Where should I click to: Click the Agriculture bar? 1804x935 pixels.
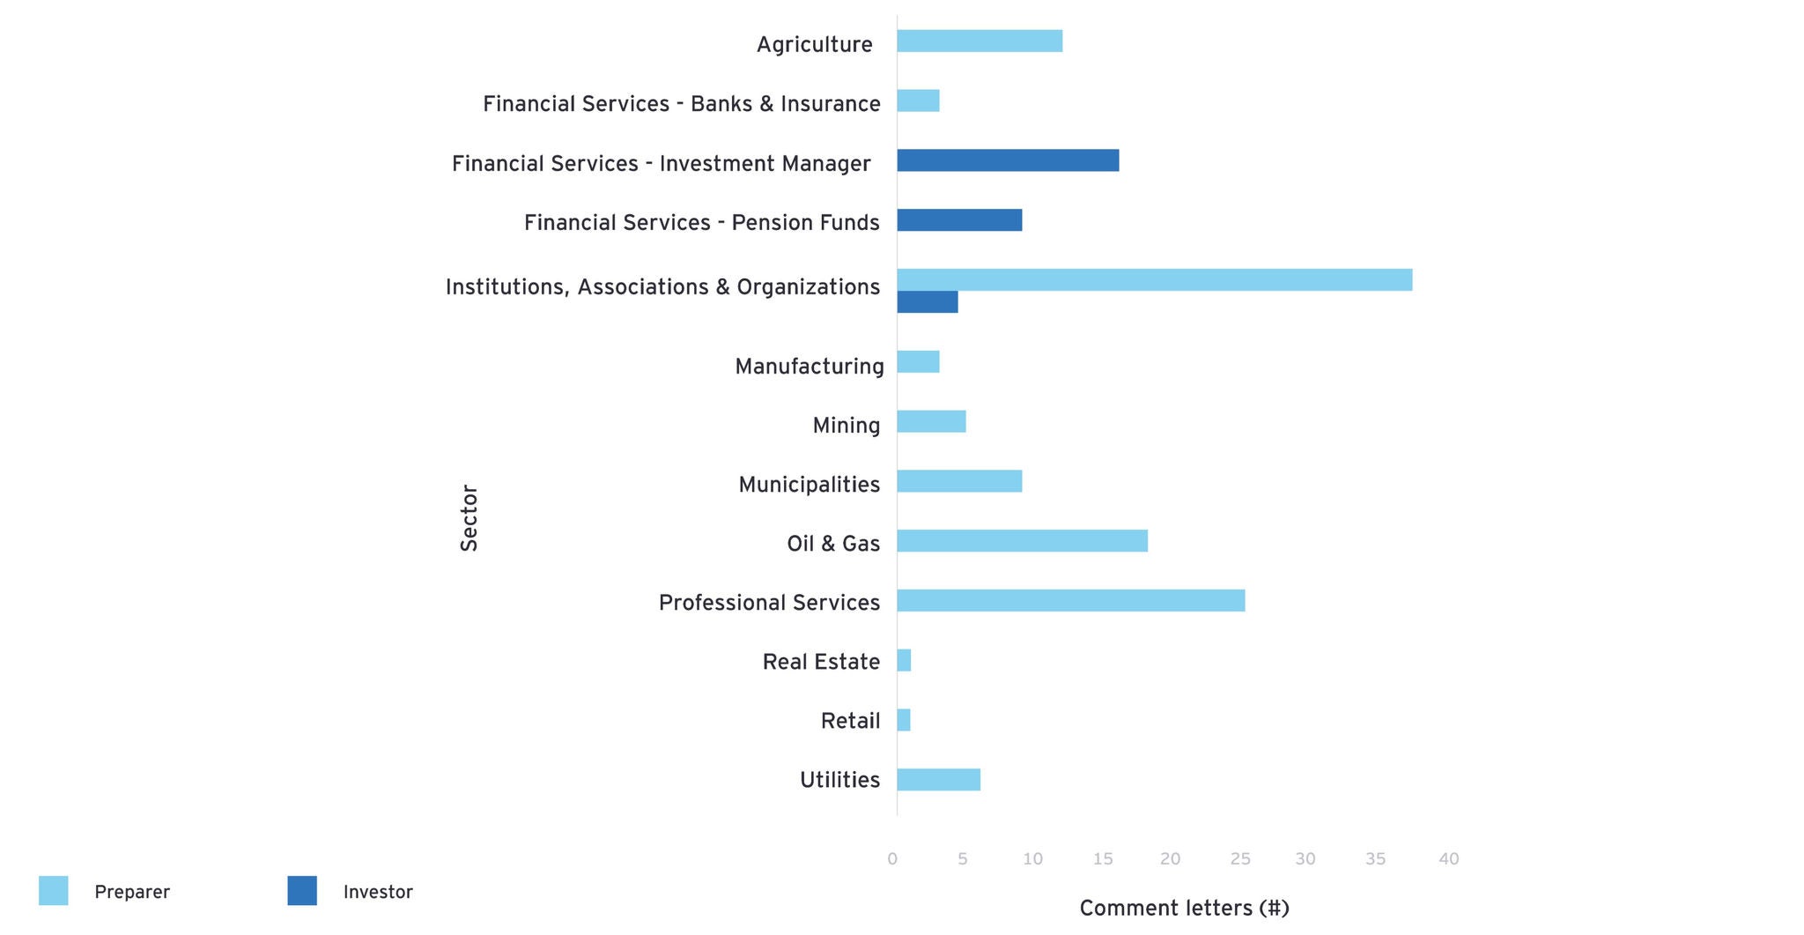point(980,41)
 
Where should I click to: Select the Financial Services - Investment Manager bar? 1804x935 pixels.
point(1008,160)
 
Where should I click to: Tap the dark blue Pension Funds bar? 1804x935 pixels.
point(959,220)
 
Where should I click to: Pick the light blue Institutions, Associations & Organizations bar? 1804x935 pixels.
point(1154,280)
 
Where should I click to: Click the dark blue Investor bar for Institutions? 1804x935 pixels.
point(927,302)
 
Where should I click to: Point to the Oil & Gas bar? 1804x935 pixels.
point(1022,541)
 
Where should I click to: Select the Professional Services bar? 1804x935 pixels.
point(1070,601)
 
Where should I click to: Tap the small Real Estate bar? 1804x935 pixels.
point(904,661)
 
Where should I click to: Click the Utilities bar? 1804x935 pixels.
point(938,780)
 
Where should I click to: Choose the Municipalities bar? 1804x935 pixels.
point(959,481)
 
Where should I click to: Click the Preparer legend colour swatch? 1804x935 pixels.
point(54,891)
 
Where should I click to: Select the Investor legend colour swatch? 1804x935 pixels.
point(302,891)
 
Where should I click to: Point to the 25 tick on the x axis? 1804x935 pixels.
point(1239,859)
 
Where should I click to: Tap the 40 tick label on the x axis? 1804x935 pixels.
point(1448,859)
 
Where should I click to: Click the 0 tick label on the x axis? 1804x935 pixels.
point(892,859)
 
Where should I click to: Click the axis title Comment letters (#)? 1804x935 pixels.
point(1184,909)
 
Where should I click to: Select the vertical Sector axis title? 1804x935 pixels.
point(469,518)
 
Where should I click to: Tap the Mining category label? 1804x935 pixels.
point(846,426)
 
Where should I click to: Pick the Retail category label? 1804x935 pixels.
point(850,721)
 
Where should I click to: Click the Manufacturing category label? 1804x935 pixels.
point(809,367)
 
